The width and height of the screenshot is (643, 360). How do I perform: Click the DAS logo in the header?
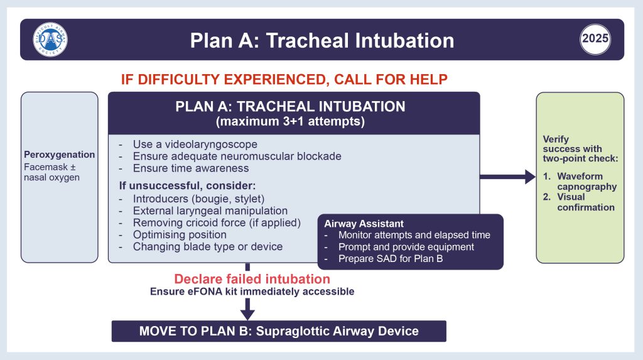click(50, 40)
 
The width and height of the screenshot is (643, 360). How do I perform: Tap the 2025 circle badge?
click(595, 40)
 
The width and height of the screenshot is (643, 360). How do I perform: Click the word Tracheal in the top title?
click(308, 41)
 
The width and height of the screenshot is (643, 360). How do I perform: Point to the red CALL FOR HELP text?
click(391, 79)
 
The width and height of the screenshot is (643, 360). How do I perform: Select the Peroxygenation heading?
click(60, 155)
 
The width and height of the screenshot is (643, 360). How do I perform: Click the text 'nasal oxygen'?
click(51, 178)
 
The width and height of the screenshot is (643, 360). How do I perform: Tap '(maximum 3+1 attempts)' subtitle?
click(290, 121)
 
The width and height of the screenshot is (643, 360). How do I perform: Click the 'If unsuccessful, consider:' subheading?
click(187, 185)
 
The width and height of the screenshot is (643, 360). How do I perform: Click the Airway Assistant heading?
click(364, 224)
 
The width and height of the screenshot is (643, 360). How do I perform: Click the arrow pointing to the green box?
click(507, 177)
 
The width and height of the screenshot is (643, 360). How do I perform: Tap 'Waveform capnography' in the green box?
click(587, 182)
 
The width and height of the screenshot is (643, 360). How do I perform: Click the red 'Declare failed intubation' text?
click(252, 279)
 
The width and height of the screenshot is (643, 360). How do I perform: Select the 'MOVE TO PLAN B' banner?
click(279, 331)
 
